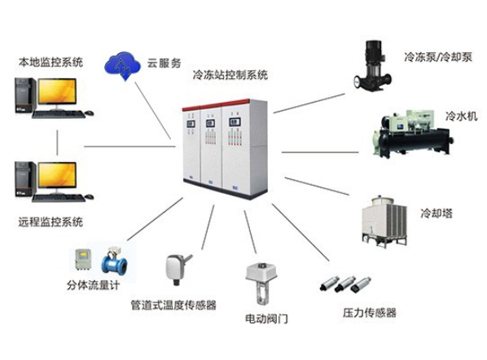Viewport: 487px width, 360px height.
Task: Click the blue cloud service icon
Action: (122, 66)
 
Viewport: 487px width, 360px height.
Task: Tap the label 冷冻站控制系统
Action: (230, 75)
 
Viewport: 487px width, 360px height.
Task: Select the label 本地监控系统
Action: (50, 62)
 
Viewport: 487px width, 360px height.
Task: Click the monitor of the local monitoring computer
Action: (57, 93)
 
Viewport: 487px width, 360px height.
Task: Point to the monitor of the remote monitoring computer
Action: (57, 176)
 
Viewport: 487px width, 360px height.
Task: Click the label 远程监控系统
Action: (50, 222)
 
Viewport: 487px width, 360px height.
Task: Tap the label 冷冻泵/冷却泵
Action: (438, 57)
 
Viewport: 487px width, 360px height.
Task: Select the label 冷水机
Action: (461, 116)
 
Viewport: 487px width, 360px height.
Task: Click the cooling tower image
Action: (385, 222)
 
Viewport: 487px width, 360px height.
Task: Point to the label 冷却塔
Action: (437, 213)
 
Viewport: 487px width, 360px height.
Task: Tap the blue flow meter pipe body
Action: (114, 261)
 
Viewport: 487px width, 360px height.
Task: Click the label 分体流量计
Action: (93, 285)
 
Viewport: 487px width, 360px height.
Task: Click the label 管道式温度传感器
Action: (173, 305)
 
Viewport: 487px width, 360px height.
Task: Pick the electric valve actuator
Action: (261, 283)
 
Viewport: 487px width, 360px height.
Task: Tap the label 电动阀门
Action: (267, 318)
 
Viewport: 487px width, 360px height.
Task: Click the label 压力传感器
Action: (370, 313)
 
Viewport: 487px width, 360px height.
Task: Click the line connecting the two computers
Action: (57, 143)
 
